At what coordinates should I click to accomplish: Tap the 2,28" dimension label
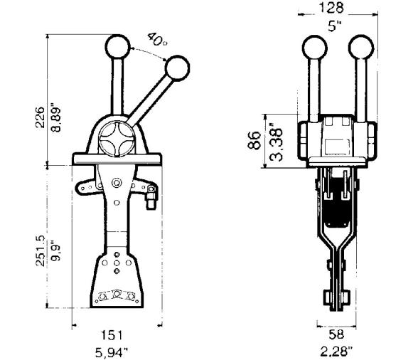336,350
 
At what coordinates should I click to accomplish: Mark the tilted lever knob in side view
178,68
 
